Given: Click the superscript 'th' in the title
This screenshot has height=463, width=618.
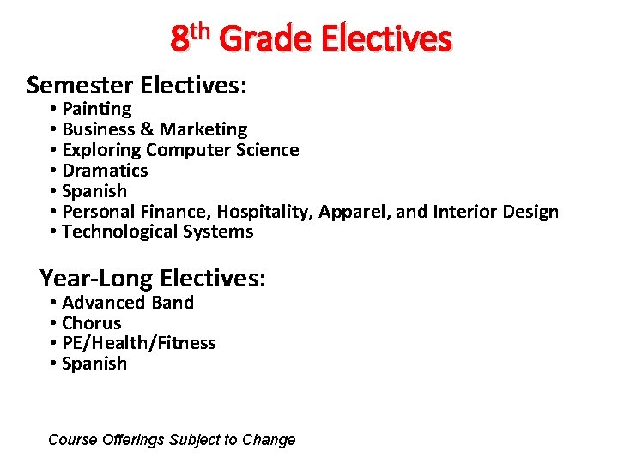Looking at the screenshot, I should [200, 31].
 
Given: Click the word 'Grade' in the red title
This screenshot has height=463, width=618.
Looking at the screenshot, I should [268, 39].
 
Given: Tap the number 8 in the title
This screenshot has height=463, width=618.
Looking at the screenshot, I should [179, 39].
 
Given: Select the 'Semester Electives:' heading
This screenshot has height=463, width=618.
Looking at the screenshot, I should [137, 85].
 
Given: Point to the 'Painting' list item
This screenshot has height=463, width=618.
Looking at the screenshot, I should [96, 109].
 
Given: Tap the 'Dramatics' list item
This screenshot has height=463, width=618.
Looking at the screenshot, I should [105, 171].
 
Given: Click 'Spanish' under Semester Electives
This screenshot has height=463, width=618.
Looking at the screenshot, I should [94, 191].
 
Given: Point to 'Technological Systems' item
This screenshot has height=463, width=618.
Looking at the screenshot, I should [157, 231].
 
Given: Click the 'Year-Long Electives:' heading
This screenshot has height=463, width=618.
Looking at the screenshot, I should [153, 278].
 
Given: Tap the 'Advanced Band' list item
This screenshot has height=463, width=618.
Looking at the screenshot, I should [128, 303].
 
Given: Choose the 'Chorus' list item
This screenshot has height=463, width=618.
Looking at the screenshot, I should [92, 323].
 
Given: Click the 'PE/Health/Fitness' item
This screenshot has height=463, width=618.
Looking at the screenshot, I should [139, 343].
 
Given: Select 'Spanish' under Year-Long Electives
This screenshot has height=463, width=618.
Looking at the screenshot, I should [94, 364].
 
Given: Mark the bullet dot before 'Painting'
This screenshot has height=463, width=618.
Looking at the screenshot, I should [53, 109].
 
